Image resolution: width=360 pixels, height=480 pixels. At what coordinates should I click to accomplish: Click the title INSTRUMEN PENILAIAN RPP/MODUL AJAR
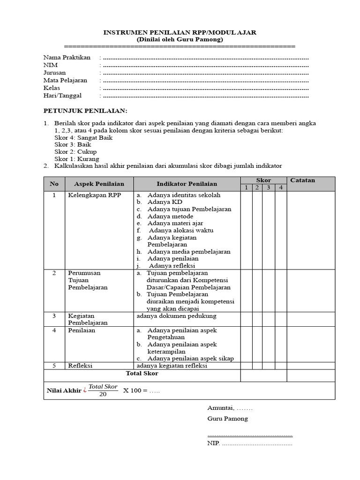180,32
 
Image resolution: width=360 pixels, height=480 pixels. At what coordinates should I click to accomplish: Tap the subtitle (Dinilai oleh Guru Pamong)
180,39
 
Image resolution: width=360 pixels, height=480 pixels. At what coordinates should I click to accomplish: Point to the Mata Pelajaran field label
65,80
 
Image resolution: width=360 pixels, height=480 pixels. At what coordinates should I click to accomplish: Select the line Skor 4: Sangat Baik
83,138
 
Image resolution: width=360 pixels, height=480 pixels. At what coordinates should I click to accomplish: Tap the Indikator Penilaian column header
187,184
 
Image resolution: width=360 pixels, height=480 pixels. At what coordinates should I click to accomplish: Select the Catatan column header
303,180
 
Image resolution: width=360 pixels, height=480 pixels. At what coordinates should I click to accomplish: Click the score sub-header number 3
269,187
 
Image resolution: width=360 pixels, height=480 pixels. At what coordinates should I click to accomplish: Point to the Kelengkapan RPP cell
94,195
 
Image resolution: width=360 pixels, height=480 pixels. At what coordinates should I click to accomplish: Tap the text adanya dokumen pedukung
176,316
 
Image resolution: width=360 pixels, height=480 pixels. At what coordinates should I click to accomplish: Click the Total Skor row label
142,374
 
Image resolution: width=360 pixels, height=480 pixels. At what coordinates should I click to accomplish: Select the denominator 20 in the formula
103,394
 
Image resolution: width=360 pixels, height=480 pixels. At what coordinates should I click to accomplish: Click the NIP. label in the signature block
213,443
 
